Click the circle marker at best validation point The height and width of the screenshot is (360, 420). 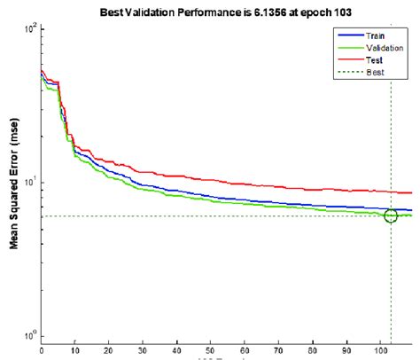click(391, 215)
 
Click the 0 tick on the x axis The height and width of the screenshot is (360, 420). click(42, 349)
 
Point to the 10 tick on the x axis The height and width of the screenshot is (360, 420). click(75, 349)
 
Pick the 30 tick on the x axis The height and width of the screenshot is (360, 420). click(143, 349)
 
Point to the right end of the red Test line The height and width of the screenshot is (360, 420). click(411, 192)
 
